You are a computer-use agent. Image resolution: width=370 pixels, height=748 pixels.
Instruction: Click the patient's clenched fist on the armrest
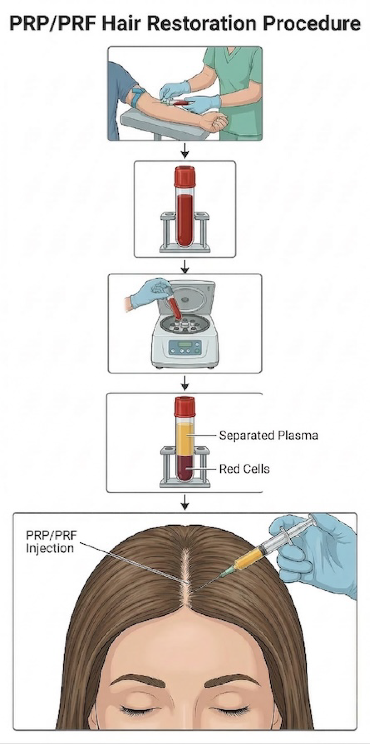(218, 122)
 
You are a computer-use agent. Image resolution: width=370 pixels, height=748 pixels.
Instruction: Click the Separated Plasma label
(268, 435)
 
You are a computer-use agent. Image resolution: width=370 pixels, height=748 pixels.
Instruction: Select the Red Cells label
(244, 469)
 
